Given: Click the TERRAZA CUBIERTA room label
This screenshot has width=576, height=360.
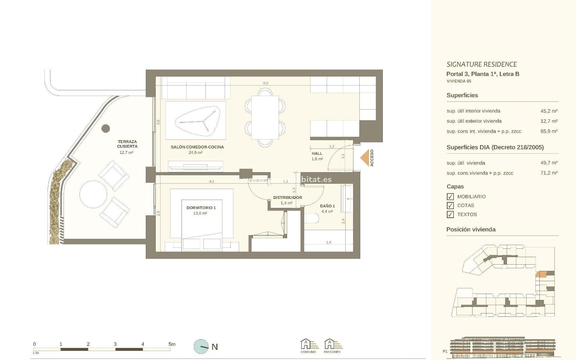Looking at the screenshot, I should point(127,144).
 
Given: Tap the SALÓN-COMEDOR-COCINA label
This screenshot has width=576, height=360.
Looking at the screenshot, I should point(197,147).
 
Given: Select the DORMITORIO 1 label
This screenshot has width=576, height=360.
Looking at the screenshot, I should point(201,208).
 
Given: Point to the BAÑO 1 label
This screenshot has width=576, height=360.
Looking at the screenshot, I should point(327,206).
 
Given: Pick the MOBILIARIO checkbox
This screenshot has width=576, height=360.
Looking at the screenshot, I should point(450,196).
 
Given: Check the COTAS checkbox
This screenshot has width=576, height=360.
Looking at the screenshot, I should point(450,205).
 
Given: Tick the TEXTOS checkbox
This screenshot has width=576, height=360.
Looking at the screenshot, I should point(450,214).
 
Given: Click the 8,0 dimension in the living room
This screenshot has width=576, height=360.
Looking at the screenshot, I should point(265,83).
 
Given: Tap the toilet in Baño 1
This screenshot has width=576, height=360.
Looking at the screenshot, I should point(311,218).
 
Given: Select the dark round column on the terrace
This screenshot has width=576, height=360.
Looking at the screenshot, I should point(106,129).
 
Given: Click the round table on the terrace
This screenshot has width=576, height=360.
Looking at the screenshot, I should point(93,194).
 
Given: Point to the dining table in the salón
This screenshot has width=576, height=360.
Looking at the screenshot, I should point(265,117).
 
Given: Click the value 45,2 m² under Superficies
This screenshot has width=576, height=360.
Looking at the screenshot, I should point(549,111).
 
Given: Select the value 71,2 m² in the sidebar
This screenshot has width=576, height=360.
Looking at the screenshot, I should point(549,173).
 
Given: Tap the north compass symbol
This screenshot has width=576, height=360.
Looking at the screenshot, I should point(201,347).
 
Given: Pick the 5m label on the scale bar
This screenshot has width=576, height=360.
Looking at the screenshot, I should point(172,344).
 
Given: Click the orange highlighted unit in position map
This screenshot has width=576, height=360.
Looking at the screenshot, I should point(542,274).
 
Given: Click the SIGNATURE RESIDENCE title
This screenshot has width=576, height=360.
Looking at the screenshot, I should point(481,64).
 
